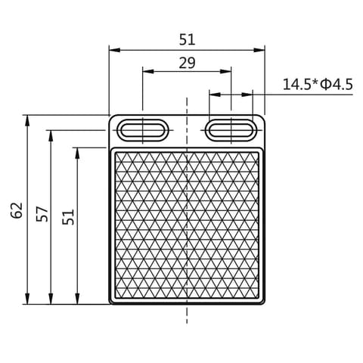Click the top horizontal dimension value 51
tap(187, 40)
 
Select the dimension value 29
tap(187, 63)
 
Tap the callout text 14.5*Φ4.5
tap(318, 85)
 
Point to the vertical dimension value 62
tap(17, 210)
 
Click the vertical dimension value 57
tap(42, 214)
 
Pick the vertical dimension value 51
tap(68, 217)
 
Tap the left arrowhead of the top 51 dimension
tap(114, 50)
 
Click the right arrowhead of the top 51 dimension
tap(259, 50)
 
